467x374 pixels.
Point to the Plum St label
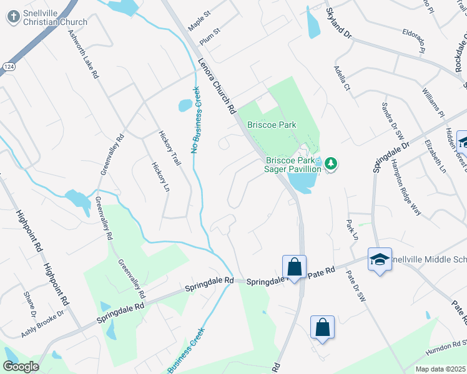(x=210, y=36)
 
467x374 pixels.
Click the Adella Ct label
(x=342, y=78)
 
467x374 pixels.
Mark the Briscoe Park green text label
(x=272, y=125)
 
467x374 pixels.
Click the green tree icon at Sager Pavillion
(x=332, y=165)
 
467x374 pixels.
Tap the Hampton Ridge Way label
(x=406, y=187)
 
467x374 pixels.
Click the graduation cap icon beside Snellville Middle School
(x=380, y=259)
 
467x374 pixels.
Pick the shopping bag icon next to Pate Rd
(x=294, y=267)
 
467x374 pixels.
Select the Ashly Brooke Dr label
(x=43, y=324)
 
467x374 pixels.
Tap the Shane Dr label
(x=28, y=302)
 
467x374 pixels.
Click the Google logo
(x=21, y=367)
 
